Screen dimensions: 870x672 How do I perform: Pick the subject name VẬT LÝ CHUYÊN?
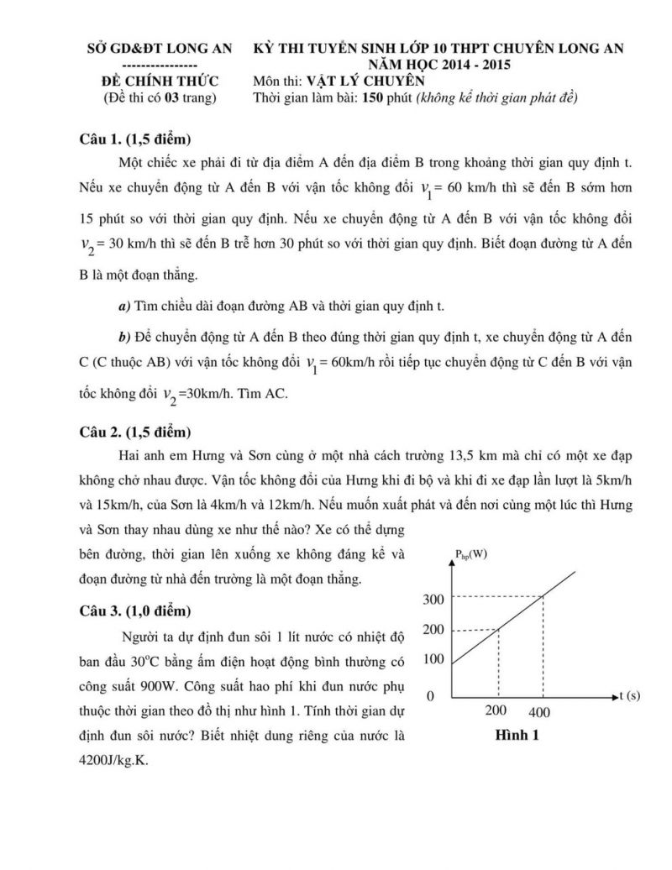[367, 81]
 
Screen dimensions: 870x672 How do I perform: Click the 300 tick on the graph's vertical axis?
[433, 599]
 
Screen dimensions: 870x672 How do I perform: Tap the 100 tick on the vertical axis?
[433, 659]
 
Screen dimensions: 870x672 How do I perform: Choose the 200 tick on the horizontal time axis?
[496, 711]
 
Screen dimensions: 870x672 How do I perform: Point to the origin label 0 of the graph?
[430, 697]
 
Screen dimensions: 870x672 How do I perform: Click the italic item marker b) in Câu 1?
[124, 338]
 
